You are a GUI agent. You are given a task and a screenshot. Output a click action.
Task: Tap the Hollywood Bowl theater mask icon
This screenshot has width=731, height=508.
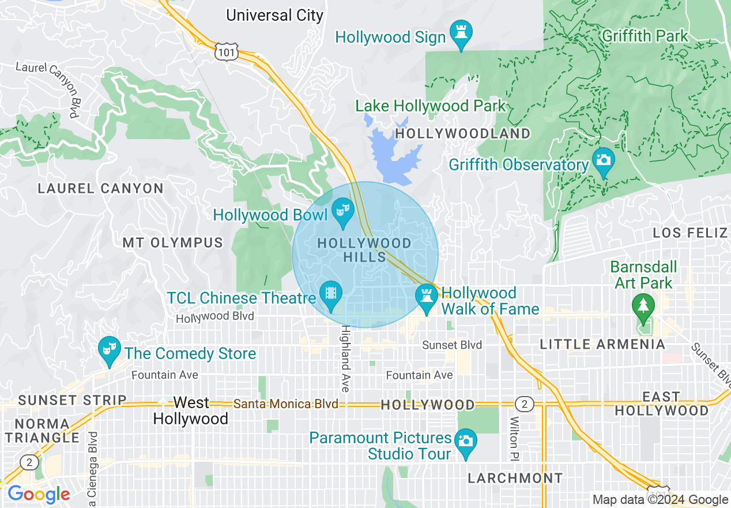(343, 210)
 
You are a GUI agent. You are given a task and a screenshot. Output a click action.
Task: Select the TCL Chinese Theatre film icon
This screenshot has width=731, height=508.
(331, 293)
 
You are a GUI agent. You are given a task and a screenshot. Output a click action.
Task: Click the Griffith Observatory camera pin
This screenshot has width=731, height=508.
(604, 160)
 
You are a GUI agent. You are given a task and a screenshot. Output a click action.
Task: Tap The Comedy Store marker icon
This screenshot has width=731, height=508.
(108, 349)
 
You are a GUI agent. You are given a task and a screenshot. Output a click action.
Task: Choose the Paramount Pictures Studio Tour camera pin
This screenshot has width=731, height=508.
(465, 442)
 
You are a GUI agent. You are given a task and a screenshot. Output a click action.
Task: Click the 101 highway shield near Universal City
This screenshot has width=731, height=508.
(225, 53)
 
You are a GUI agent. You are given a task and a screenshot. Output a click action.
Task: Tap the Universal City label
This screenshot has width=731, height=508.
(274, 15)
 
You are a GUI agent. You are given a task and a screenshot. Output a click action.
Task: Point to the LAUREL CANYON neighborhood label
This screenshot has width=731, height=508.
(100, 189)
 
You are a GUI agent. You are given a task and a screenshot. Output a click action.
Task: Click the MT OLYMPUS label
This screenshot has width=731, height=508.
(172, 242)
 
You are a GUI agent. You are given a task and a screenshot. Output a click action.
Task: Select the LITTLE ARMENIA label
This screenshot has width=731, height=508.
(602, 345)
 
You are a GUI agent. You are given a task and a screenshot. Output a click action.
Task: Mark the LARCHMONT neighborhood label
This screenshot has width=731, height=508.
(515, 479)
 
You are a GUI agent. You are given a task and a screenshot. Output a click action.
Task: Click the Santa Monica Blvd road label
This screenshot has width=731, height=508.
(285, 404)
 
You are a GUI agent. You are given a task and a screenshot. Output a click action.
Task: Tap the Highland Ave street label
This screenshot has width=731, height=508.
(345, 358)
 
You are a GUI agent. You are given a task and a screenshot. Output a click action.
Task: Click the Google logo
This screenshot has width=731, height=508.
(38, 495)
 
